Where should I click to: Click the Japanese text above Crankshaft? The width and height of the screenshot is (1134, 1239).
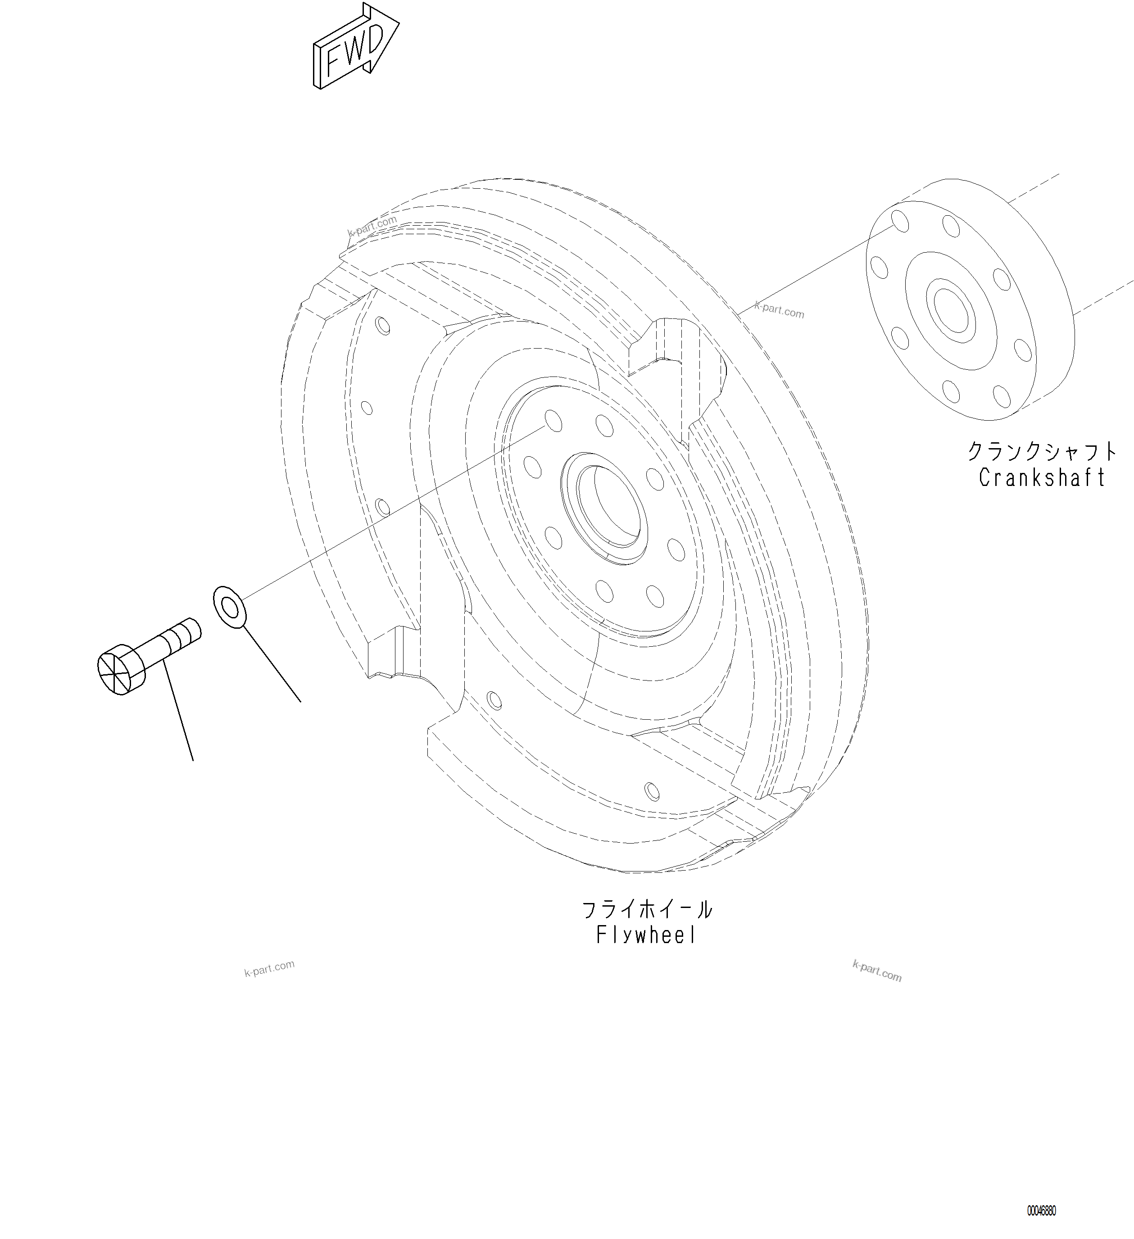coord(1041,452)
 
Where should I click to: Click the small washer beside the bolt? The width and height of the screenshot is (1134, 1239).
coord(229,607)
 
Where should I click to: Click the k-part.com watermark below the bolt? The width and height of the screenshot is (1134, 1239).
coord(269,969)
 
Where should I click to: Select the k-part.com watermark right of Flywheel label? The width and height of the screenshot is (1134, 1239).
coord(876,971)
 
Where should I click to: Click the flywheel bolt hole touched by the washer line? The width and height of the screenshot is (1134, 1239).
coord(553,422)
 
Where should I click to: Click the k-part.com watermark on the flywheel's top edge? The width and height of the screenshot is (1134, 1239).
coord(372,226)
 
